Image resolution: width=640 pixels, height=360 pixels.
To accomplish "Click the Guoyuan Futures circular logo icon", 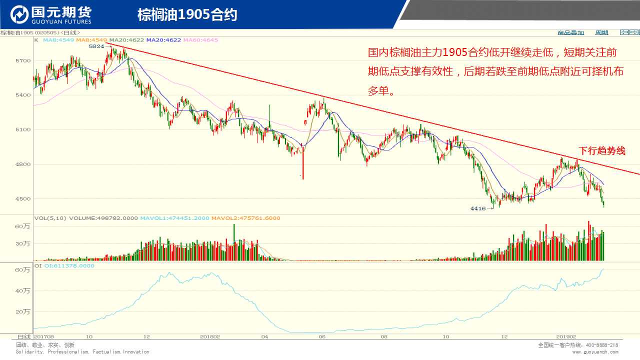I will (x=19, y=14).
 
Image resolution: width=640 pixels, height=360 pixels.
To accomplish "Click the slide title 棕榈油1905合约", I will (x=187, y=15).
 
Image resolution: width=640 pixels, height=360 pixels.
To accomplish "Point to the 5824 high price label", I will (x=96, y=46).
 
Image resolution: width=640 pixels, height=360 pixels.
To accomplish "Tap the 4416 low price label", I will (x=478, y=208).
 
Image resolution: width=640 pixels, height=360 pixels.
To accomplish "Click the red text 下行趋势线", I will (x=601, y=150).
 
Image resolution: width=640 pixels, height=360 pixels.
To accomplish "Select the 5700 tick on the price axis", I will (x=23, y=60).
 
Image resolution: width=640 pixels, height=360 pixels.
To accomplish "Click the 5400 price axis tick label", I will (x=23, y=95).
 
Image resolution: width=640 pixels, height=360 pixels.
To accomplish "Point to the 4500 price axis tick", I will (x=23, y=198).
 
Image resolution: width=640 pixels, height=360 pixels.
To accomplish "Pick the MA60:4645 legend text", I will (x=200, y=40).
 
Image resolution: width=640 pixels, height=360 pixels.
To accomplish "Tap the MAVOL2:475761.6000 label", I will (x=245, y=218).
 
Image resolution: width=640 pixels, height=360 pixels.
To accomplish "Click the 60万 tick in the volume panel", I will (x=23, y=226).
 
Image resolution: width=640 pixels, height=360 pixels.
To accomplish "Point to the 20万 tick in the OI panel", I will (x=23, y=311).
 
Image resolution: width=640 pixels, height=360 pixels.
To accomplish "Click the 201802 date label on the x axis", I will (x=209, y=337).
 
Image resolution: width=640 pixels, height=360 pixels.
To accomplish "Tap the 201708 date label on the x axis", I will (x=44, y=337).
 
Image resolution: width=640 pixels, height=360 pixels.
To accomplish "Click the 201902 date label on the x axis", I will (x=566, y=337).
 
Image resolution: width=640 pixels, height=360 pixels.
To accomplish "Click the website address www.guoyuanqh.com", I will (x=595, y=352).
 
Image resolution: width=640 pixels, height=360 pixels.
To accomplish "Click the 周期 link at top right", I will (x=601, y=32).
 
